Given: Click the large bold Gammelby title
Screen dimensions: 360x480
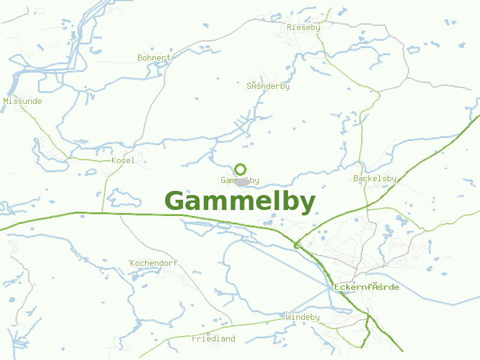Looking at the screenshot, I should click(240, 202).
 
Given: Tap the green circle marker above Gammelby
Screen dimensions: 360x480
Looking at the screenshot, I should click(241, 169).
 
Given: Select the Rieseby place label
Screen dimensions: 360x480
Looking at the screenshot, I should click(304, 28).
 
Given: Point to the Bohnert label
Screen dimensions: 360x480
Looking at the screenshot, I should click(154, 58).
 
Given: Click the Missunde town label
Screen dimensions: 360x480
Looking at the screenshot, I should click(23, 101).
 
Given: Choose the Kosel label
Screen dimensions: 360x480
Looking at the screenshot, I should click(124, 161).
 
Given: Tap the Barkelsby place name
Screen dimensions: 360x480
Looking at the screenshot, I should click(376, 179).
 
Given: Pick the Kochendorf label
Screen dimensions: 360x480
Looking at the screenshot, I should click(154, 263).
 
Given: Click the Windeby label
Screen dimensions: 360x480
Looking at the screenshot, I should click(303, 317).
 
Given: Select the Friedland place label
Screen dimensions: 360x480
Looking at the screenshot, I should click(214, 339).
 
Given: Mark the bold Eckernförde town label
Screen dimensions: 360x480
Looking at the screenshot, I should click(367, 287).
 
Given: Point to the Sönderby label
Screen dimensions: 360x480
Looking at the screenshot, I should click(268, 86).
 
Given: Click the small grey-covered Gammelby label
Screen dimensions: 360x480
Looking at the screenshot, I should click(240, 181).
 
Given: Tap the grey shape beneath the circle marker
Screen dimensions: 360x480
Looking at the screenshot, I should click(243, 182).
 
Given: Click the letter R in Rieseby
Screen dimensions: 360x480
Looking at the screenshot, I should click(290, 28).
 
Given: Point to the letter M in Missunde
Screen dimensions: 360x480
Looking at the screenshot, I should click(6, 101).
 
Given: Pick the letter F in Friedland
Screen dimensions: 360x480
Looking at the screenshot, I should click(194, 339).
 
